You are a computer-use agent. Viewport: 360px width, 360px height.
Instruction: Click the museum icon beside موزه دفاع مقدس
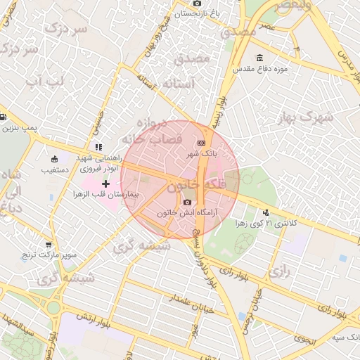point(259,58)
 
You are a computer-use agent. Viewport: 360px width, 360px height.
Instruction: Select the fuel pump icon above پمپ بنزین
point(4,117)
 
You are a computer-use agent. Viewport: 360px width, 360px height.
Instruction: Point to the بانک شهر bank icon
point(202,143)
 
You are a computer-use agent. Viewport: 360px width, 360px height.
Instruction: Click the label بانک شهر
point(202,153)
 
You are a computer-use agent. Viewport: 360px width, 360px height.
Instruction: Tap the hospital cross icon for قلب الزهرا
point(106,184)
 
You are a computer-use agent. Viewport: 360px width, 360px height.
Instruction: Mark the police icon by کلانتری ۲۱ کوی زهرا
point(266,212)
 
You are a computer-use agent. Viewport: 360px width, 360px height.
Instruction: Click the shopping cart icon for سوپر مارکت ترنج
point(48,245)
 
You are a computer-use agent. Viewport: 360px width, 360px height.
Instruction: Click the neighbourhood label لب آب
point(44,82)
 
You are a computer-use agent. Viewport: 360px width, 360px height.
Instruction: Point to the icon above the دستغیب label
point(53,159)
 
